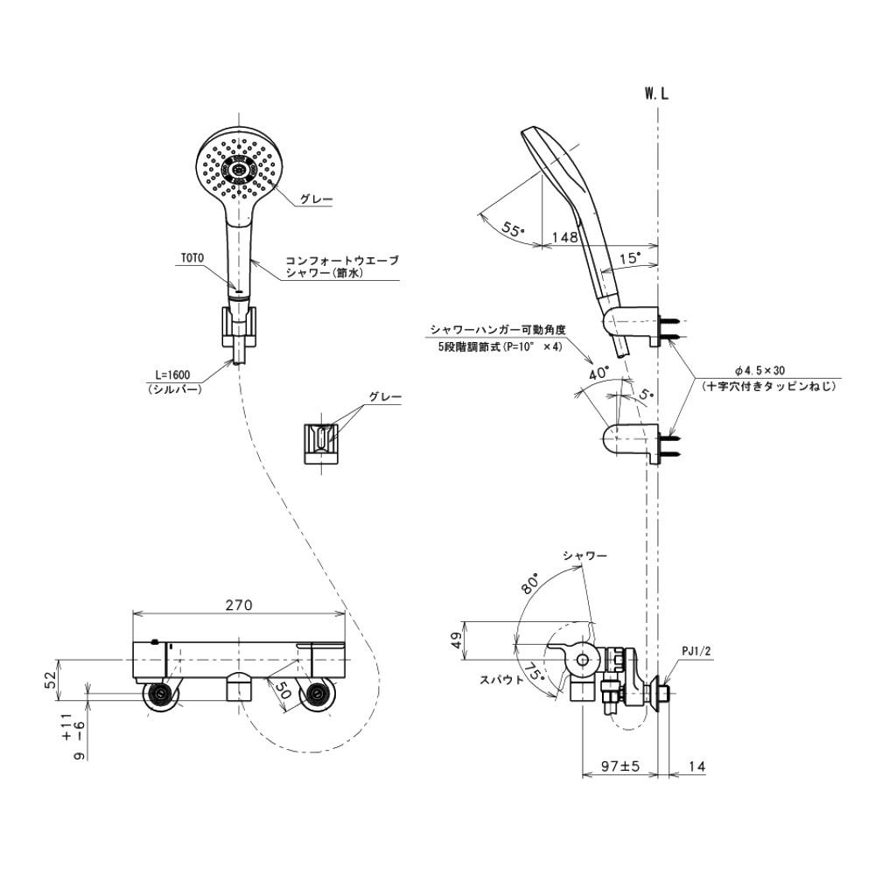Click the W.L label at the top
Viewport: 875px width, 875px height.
pyautogui.click(x=657, y=95)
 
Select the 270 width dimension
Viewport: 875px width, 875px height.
pyautogui.click(x=239, y=605)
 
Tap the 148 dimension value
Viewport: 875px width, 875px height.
pyautogui.click(x=563, y=236)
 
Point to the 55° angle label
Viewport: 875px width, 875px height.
pyautogui.click(x=514, y=229)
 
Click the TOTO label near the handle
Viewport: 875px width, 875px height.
pyautogui.click(x=192, y=258)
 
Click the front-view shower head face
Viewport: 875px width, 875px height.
pyautogui.click(x=240, y=169)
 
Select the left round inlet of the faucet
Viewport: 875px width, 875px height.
pyautogui.click(x=162, y=696)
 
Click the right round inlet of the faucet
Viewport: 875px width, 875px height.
pyautogui.click(x=316, y=696)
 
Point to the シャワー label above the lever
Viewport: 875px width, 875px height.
pyautogui.click(x=584, y=555)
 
